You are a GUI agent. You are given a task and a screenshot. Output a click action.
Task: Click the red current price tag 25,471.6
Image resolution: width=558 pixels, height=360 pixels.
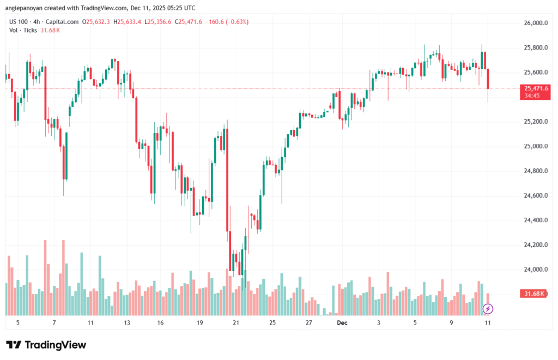pos(536,88)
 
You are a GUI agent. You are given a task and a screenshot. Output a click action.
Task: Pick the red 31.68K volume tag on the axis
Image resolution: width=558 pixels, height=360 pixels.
pos(535,294)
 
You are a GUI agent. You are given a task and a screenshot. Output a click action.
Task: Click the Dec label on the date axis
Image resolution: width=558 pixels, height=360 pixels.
pos(342,322)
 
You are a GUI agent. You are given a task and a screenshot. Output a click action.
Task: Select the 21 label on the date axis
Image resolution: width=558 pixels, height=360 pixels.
pos(236,322)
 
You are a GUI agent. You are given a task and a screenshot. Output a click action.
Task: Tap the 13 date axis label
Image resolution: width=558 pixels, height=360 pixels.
pos(127,322)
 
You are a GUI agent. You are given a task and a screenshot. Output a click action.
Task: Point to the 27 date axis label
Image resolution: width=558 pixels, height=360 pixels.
pos(308,322)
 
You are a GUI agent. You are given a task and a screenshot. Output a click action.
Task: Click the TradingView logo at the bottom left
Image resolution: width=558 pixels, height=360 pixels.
pos(46,345)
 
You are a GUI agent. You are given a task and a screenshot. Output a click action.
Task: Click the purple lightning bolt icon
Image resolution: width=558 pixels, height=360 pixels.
pos(488,309)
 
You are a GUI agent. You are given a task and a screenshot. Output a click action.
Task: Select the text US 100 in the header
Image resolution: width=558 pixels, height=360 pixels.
pos(19,21)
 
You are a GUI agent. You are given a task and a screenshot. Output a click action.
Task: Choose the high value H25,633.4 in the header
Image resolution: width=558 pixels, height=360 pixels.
pos(127,21)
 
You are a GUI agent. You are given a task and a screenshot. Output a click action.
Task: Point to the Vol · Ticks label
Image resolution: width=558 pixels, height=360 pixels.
pos(23,30)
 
